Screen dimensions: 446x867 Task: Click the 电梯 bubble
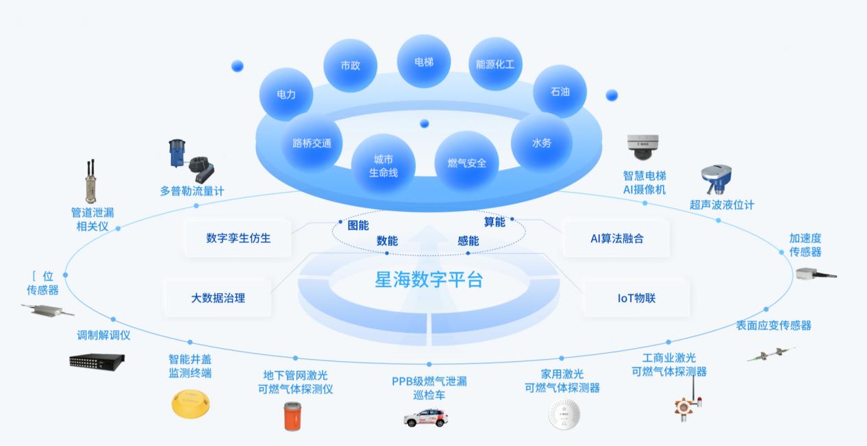tap(424, 62)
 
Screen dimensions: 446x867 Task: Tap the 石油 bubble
tap(560, 91)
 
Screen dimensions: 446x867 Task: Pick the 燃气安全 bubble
tap(467, 163)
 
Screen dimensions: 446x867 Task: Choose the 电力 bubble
tap(286, 95)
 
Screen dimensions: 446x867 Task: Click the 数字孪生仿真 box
tap(238, 238)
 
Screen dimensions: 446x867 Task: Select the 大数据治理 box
tap(218, 298)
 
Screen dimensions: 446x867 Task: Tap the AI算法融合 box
tap(616, 238)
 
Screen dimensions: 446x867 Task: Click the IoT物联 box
tap(636, 298)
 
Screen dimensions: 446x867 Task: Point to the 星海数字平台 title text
tap(429, 280)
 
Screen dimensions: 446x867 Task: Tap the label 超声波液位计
tap(721, 205)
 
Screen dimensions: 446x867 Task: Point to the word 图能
tap(358, 224)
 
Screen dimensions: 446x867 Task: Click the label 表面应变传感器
tap(773, 325)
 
